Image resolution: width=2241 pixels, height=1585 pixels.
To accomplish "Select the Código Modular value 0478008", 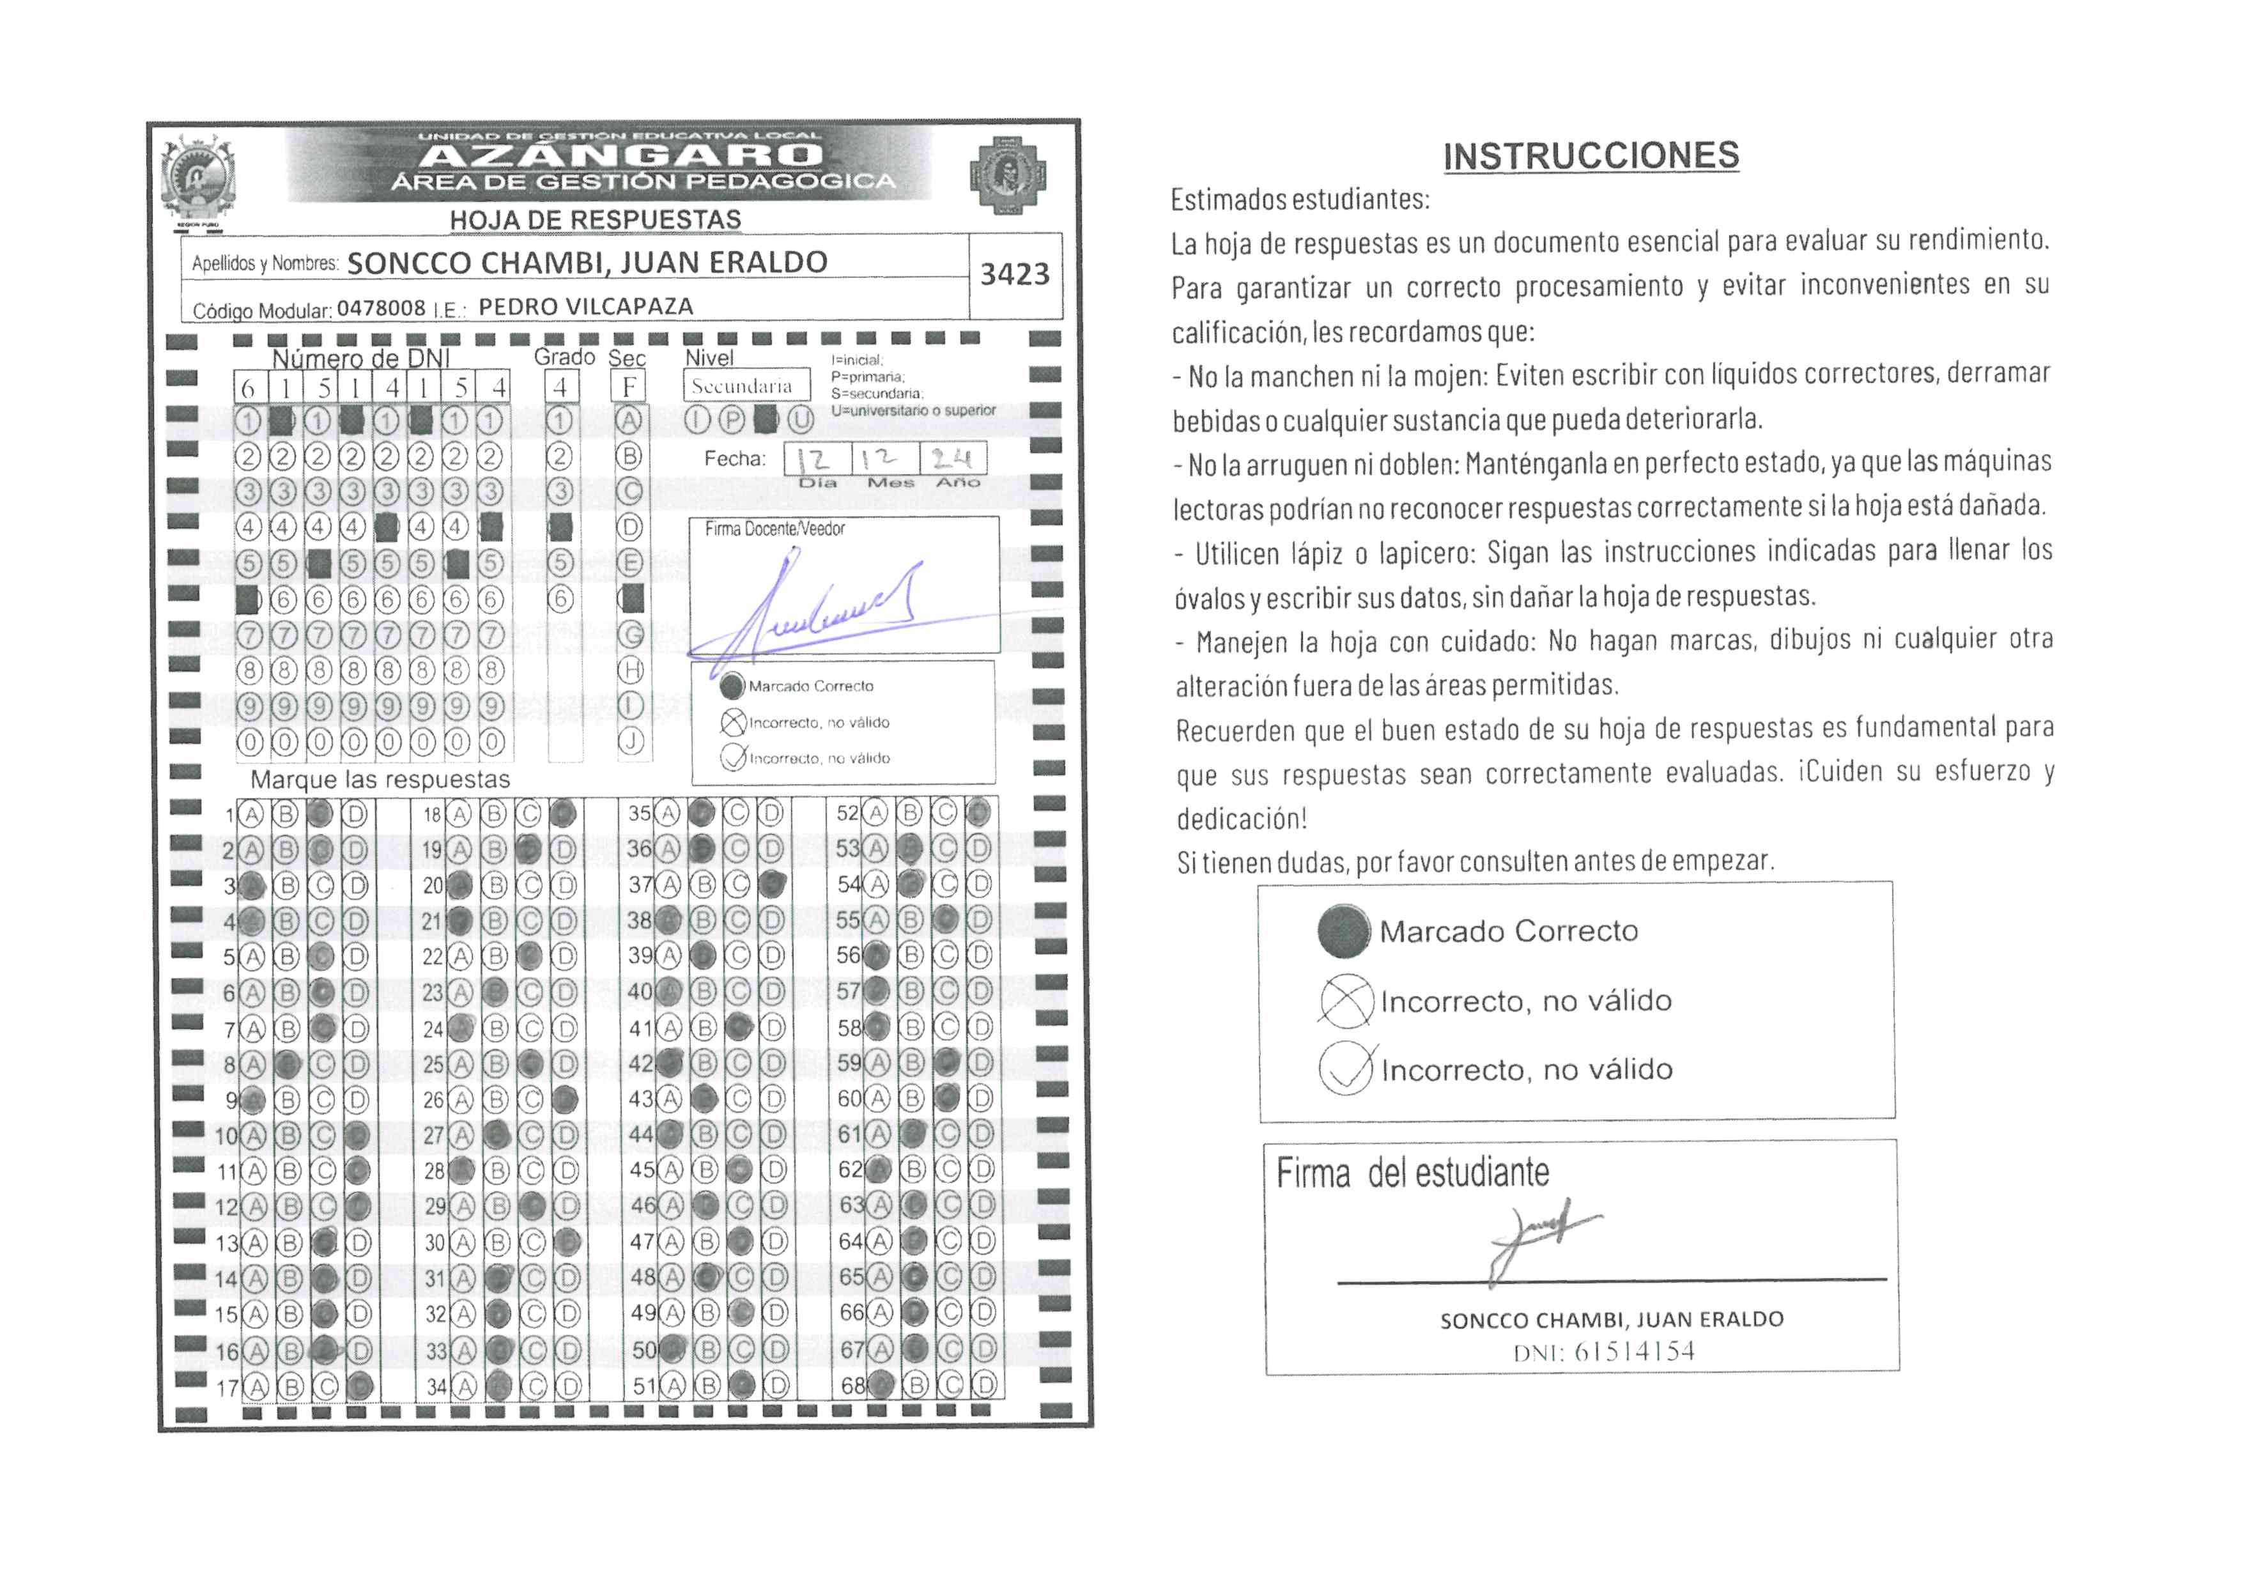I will coord(381,309).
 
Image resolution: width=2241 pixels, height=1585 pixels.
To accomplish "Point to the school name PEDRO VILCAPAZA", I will coord(585,307).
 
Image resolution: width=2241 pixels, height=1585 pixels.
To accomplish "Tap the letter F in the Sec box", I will coord(629,387).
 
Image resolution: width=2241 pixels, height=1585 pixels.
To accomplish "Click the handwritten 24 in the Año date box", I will coord(951,459).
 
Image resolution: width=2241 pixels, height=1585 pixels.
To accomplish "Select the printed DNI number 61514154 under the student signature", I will coord(1634,1352).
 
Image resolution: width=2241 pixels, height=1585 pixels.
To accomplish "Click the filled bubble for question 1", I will coord(319,814).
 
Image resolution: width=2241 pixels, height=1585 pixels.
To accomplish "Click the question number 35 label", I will coord(639,813).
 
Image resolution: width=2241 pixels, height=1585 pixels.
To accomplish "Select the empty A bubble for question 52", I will coord(877,813).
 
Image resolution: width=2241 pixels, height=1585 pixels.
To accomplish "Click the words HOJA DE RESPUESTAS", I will coord(596,220).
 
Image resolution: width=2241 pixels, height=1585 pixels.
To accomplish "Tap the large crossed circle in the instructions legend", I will coord(1346,1000).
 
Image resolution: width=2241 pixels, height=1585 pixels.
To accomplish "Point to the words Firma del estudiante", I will coord(1412,1172).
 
